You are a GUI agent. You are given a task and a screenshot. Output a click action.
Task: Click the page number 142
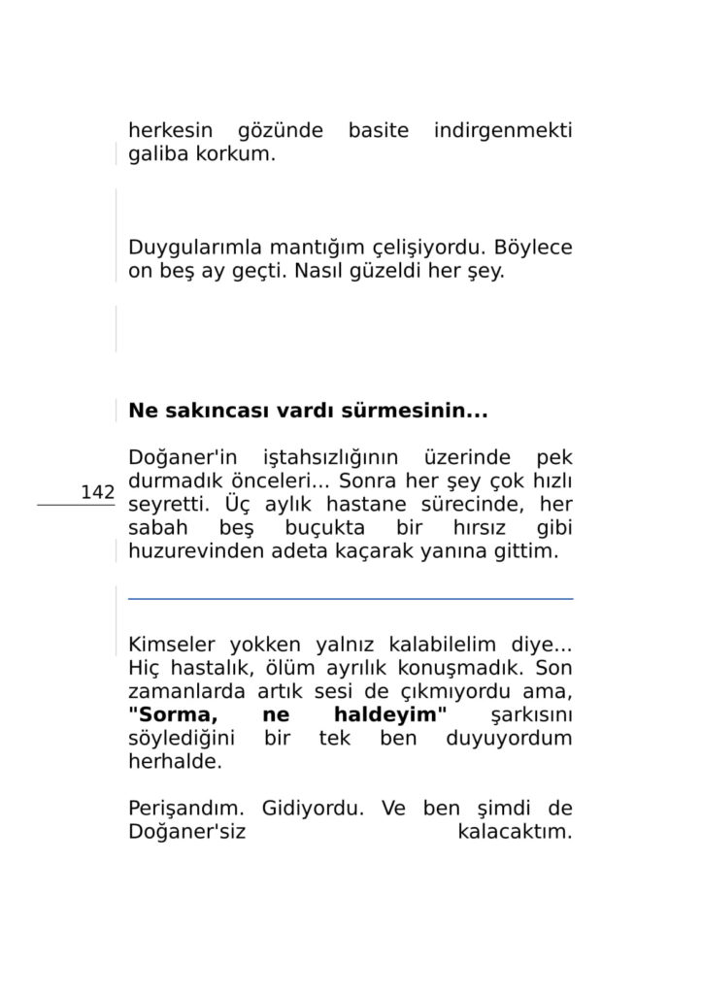(98, 492)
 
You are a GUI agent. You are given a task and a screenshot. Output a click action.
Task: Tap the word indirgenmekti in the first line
(503, 130)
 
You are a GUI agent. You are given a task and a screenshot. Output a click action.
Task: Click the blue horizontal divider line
(350, 599)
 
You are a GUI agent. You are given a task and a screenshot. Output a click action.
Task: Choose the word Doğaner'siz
(181, 832)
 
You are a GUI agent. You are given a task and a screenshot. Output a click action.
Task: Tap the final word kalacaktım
(514, 832)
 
